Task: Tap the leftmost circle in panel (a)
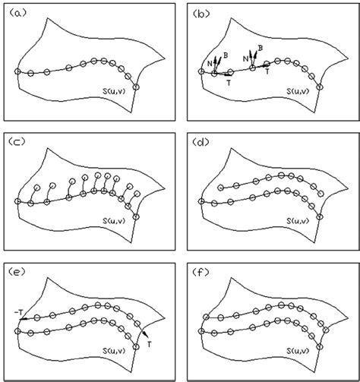[x=17, y=72]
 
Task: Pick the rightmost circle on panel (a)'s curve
[x=137, y=87]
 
